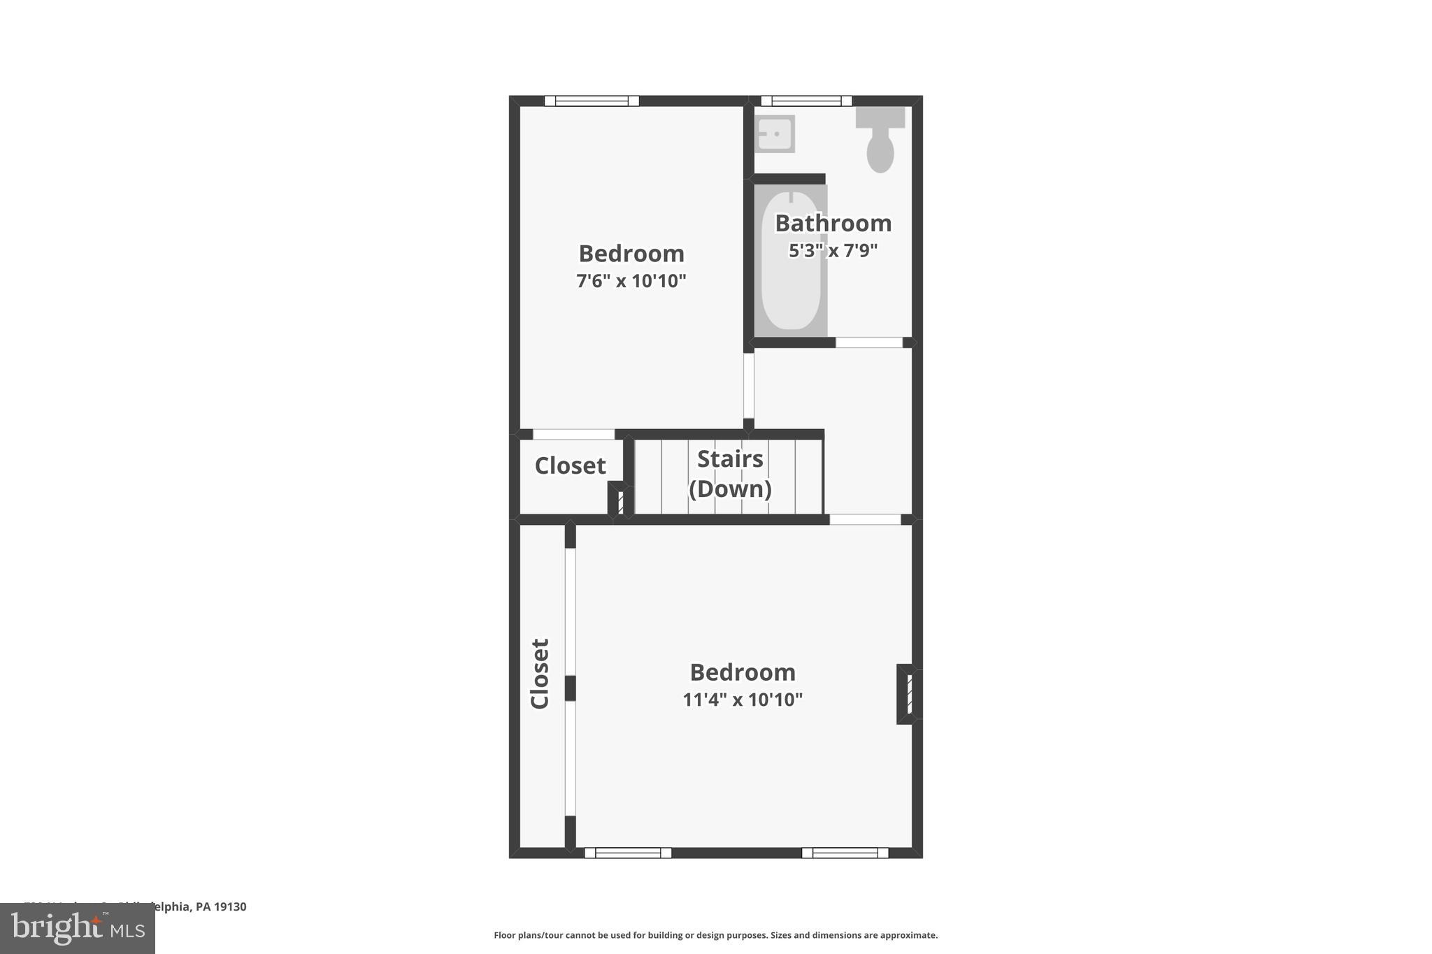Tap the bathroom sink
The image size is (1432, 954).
click(x=774, y=133)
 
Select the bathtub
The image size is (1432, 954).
click(x=791, y=261)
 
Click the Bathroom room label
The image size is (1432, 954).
click(x=833, y=223)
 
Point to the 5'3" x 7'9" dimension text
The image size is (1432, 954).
click(x=833, y=250)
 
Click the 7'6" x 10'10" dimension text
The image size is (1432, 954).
click(x=631, y=281)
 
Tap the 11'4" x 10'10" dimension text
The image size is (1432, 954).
click(x=743, y=700)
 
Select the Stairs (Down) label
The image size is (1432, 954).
click(x=730, y=474)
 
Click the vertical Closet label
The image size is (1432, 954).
click(x=540, y=674)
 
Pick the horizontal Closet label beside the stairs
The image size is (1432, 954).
click(x=570, y=465)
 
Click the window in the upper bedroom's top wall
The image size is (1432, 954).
click(x=592, y=101)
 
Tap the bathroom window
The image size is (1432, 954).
click(x=806, y=101)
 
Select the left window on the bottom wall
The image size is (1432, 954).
click(x=628, y=853)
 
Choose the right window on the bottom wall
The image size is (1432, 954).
click(x=845, y=853)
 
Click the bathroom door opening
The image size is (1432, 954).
click(x=869, y=342)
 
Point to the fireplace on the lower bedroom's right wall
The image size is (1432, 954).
click(x=907, y=694)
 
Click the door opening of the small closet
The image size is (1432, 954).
click(x=573, y=435)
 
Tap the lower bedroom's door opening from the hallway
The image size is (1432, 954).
click(x=865, y=519)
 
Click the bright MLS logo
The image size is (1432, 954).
click(x=78, y=929)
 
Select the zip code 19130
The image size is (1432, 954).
click(x=230, y=906)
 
